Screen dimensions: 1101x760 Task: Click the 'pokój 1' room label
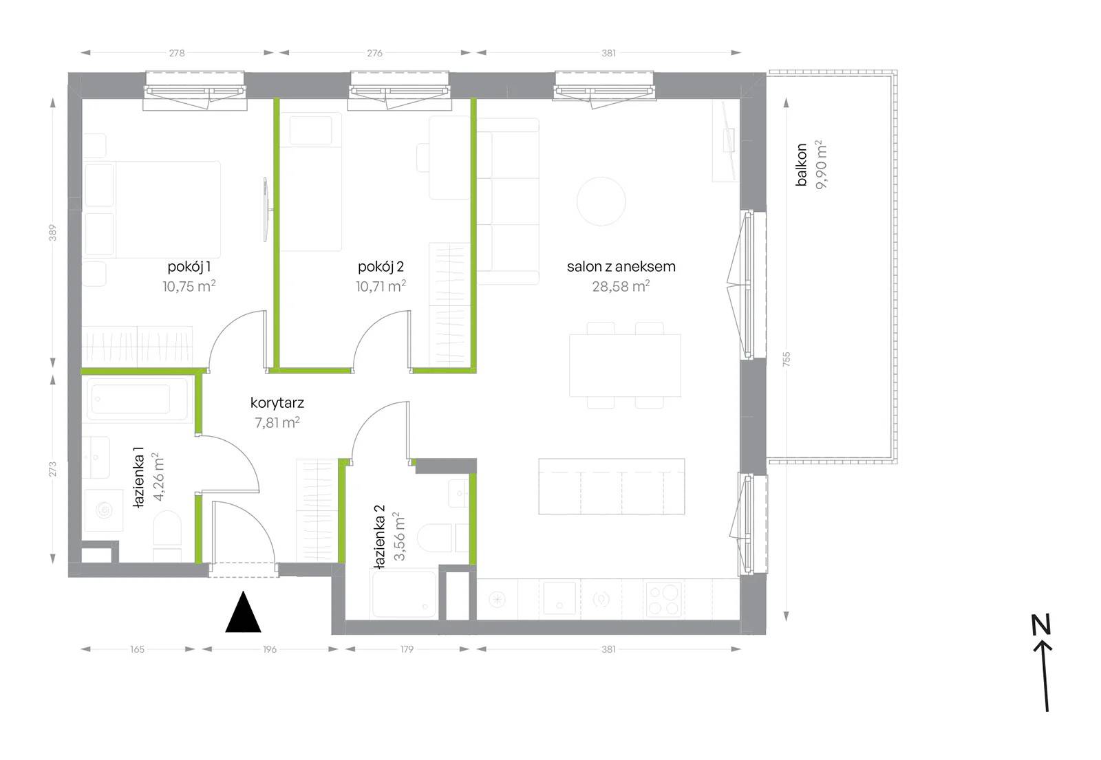point(189,268)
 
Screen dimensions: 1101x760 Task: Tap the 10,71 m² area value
point(381,286)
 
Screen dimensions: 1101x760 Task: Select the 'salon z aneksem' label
point(621,267)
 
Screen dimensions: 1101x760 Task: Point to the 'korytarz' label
point(277,403)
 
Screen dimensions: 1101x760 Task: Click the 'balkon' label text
point(801,164)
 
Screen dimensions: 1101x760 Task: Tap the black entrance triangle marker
point(244,611)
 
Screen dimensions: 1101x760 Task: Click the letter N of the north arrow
point(1040,625)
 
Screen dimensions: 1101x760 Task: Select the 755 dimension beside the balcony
point(787,358)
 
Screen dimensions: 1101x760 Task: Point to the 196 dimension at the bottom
point(270,649)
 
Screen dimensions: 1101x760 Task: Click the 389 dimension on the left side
point(52,233)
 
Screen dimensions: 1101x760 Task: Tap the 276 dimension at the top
point(374,53)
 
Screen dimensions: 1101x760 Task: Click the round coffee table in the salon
point(601,202)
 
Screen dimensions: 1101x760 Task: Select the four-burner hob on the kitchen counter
point(664,599)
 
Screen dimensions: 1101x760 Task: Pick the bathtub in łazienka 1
point(138,399)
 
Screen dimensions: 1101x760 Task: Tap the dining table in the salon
point(625,365)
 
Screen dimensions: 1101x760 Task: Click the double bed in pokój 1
point(151,210)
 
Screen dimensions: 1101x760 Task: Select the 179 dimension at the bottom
point(407,649)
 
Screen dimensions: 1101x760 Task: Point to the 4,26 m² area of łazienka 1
point(159,477)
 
